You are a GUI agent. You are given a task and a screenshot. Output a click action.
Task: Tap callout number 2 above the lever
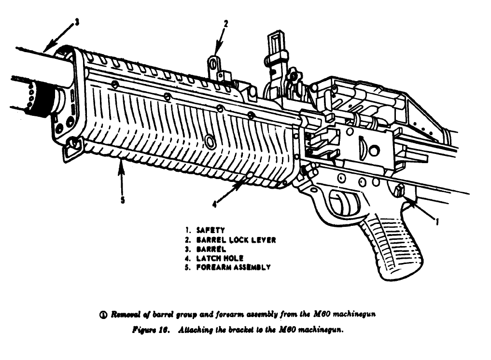225,23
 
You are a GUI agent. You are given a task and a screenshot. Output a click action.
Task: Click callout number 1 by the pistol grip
437,222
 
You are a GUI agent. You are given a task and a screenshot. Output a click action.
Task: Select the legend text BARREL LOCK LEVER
236,240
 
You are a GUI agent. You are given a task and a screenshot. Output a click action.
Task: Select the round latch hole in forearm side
210,141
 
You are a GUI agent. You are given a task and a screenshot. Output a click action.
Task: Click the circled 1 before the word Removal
102,315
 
